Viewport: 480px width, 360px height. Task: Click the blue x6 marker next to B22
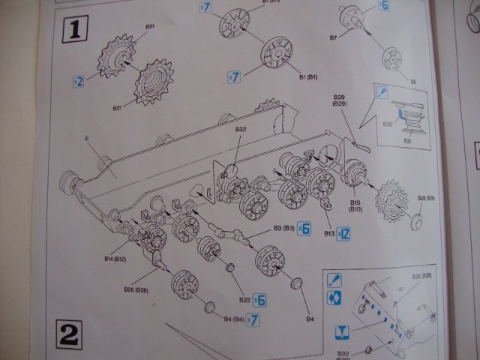pos(261,299)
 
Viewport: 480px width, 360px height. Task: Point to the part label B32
pos(241,130)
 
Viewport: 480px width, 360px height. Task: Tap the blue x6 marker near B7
pos(383,6)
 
